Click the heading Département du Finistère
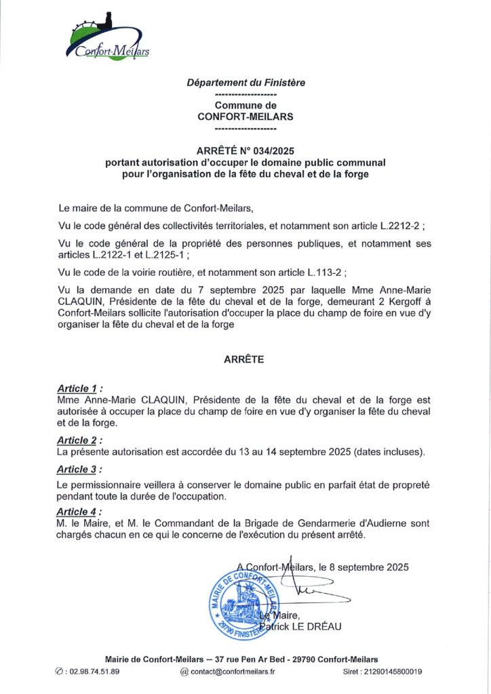click(x=245, y=83)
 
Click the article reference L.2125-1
click(x=163, y=255)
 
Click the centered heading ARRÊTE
click(x=244, y=361)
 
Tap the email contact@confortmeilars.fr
click(x=232, y=672)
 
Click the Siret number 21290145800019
click(x=393, y=672)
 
